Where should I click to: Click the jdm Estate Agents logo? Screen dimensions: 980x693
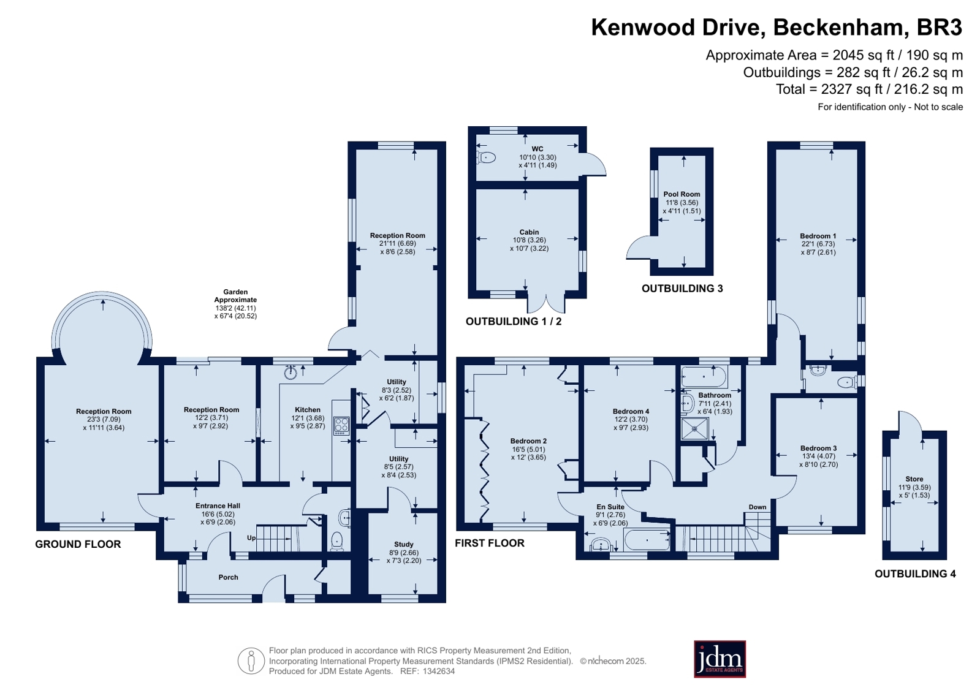(x=720, y=659)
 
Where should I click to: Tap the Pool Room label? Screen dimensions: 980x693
(x=682, y=194)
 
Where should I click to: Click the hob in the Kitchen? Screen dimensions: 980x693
(x=342, y=425)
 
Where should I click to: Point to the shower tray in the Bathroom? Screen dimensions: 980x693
(x=694, y=429)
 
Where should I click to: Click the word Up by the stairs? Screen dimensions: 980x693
(x=251, y=538)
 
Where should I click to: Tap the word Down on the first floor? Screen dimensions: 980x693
(x=758, y=507)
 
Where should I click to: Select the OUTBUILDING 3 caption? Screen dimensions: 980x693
(x=682, y=289)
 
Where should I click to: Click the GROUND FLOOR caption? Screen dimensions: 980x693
(x=78, y=544)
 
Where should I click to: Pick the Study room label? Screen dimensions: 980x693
(x=403, y=544)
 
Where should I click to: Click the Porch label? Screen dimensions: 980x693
(x=229, y=577)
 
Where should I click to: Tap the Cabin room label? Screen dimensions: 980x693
(x=529, y=232)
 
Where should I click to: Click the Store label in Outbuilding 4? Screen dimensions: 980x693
(x=914, y=479)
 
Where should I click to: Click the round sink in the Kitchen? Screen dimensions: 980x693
(x=291, y=373)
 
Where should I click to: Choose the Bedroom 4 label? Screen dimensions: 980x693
(x=631, y=411)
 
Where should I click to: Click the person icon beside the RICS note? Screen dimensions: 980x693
(x=251, y=661)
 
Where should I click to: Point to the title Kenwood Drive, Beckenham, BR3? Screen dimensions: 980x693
(x=777, y=27)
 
